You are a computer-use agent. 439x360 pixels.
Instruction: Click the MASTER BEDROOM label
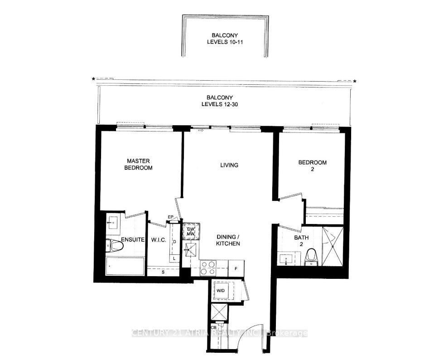[139, 164]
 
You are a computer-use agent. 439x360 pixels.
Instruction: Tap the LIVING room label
[229, 165]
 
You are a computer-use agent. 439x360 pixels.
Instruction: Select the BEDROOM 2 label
[312, 165]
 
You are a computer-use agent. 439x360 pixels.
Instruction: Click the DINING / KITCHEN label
[227, 240]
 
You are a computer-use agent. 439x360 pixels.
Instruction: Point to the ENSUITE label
[132, 240]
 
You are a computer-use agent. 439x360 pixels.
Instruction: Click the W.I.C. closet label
[158, 240]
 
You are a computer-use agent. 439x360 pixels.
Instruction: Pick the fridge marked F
[236, 269]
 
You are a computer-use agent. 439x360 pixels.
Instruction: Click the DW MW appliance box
[190, 231]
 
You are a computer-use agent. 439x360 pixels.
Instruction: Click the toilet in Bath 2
[311, 256]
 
